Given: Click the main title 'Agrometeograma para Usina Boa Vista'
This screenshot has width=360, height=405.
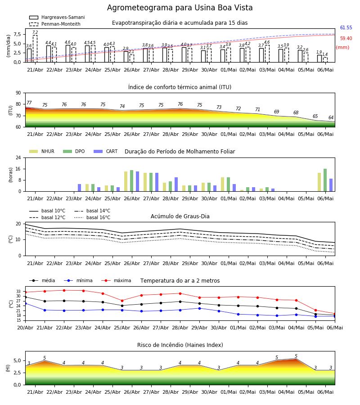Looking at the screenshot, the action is coord(180,8).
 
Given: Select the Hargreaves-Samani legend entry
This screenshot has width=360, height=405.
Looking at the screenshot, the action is coord(57,17).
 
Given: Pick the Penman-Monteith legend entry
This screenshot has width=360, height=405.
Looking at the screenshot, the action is coord(55,24).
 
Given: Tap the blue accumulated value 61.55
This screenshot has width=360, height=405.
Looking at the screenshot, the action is coord(346,27).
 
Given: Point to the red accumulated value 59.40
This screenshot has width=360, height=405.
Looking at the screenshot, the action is coord(346,39).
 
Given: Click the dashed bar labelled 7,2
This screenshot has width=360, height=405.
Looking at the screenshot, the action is coord(35,49).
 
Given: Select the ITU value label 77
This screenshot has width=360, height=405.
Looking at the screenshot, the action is coord(29,103).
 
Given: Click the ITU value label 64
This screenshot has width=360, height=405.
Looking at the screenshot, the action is coord(331,117).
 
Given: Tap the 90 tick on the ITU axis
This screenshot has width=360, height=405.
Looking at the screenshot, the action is coord(18,93).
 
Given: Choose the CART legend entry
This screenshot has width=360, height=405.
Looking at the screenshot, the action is coord(106,151).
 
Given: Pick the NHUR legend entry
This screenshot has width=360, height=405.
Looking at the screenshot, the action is coord(42,151).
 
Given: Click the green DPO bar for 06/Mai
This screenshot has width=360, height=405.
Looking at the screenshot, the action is coord(325,180).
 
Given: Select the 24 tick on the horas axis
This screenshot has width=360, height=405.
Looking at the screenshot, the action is coord(18,158).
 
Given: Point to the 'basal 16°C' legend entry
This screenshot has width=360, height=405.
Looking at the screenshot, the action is coord(92,217).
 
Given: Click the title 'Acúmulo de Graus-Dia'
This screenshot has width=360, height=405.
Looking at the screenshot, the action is coord(180,216).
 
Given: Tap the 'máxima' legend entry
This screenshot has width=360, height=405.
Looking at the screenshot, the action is coord(116,280).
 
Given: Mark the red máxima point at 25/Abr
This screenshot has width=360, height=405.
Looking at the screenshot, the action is coord(122,301).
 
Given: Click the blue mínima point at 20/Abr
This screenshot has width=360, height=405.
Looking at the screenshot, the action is coord(26,303).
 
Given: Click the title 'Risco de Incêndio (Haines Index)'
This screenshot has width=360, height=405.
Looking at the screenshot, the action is coord(180,345).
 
